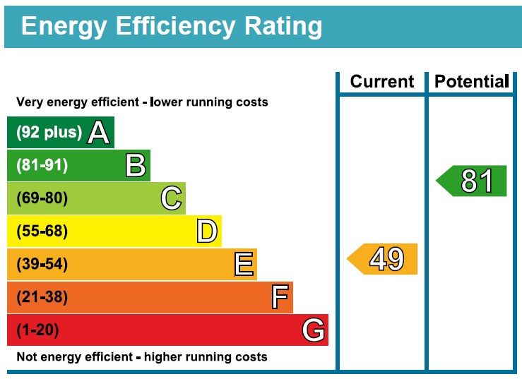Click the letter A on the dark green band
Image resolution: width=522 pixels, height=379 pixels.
point(99,133)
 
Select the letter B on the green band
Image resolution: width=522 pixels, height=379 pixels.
point(136,166)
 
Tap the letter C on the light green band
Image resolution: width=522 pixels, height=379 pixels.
point(171,198)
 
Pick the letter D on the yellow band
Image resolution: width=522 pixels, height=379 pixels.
point(206,231)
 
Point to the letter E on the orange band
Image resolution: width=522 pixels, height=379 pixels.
point(244,265)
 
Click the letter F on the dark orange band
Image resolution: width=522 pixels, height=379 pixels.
point(280,297)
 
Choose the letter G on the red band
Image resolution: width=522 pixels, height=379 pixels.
point(313,330)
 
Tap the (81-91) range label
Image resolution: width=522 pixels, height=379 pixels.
point(42,166)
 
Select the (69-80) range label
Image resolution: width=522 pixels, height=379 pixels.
point(42,198)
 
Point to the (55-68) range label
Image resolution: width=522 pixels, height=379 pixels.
point(42,231)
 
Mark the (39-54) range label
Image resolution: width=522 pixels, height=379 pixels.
point(42,265)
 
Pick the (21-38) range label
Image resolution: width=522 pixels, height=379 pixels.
point(42,297)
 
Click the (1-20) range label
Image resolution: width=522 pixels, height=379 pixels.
point(37,330)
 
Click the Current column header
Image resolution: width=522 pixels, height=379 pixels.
point(382,82)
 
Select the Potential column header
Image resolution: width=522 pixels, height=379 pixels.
point(471,82)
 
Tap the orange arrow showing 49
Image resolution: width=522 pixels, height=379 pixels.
point(383,259)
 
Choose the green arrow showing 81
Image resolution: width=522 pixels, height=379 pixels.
point(472,181)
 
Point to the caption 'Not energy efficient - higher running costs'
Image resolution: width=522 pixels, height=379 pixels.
point(142,357)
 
